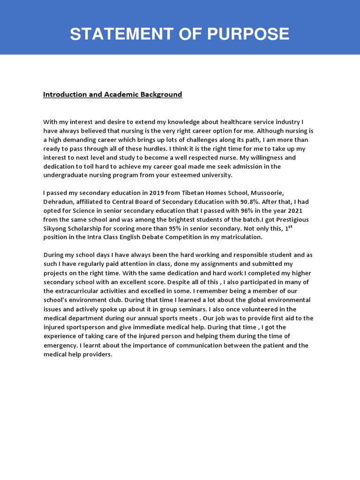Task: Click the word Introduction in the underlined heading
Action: coord(62,94)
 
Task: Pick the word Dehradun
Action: coord(58,202)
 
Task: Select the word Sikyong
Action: coord(55,228)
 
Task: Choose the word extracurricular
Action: coord(75,291)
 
